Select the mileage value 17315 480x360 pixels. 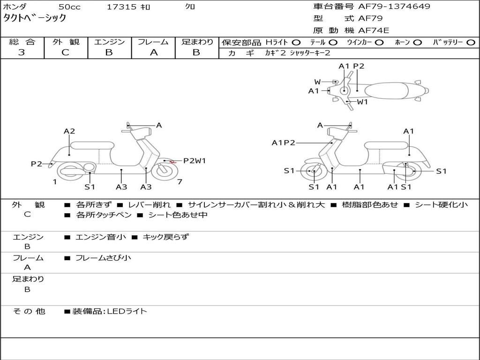click(x=121, y=7)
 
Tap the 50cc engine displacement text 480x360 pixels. click(x=69, y=7)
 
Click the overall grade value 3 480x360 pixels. click(x=22, y=52)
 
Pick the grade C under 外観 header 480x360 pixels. click(x=65, y=52)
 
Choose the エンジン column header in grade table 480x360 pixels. click(x=109, y=42)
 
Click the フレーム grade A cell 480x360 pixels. click(x=153, y=52)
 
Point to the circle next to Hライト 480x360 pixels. click(x=296, y=42)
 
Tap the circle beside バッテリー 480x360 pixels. click(x=471, y=42)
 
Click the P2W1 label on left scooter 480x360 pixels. click(x=195, y=160)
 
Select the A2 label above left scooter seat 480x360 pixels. click(x=69, y=131)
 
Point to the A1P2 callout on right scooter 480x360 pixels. click(x=283, y=142)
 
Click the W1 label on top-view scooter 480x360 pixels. click(x=362, y=102)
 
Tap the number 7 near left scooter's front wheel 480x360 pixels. click(x=180, y=182)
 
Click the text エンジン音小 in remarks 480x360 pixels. click(x=101, y=237)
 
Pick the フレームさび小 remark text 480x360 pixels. click(x=103, y=258)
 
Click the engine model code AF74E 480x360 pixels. click(x=374, y=30)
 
